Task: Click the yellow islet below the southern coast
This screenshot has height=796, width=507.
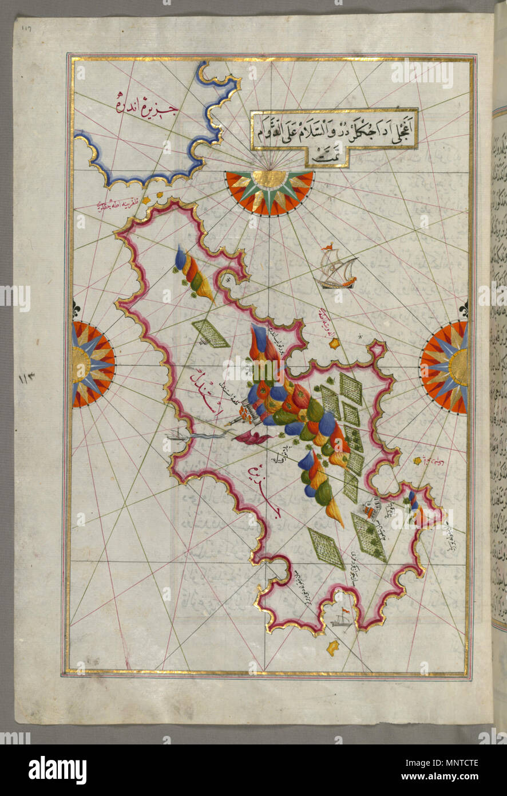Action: click(332, 648)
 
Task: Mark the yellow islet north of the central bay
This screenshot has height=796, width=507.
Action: click(335, 344)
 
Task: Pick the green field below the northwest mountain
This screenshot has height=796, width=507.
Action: click(210, 333)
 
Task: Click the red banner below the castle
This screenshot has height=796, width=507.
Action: click(252, 439)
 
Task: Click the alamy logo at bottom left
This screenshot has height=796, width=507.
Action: click(58, 769)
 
